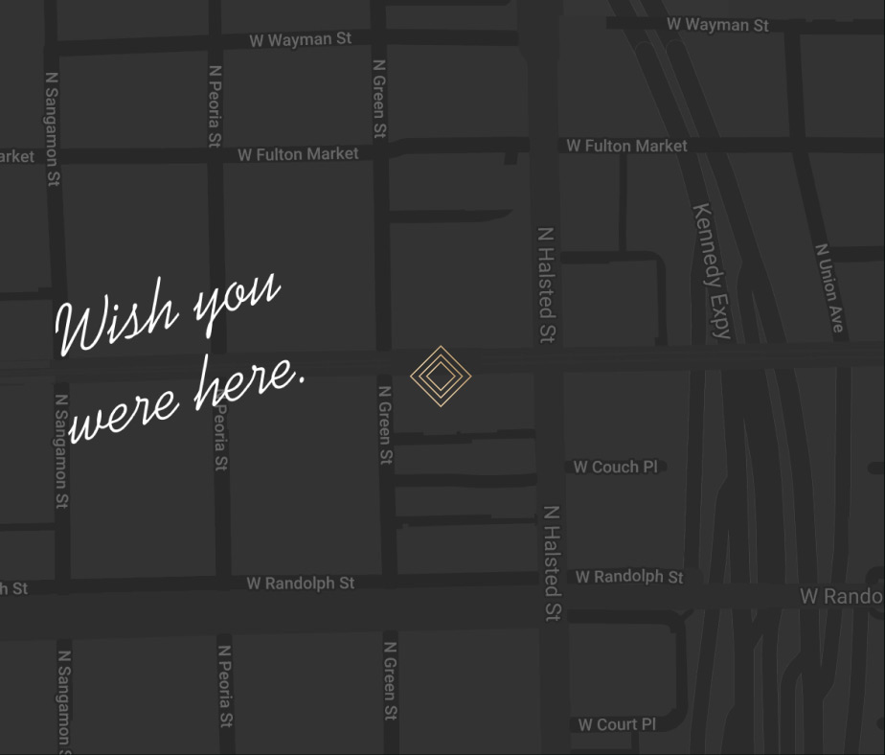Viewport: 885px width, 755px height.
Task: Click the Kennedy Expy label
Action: [x=713, y=271]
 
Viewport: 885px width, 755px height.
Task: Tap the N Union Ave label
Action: [x=829, y=287]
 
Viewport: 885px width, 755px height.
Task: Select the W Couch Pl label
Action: [x=616, y=468]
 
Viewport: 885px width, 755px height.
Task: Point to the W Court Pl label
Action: [x=617, y=724]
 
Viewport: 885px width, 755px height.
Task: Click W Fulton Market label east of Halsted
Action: [x=626, y=146]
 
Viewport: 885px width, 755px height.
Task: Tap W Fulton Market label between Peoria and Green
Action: [x=298, y=154]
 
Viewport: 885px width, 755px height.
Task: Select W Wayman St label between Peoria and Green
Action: [x=300, y=40]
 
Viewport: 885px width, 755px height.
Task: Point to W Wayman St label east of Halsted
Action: [x=717, y=25]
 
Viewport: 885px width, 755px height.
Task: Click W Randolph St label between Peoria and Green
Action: [x=300, y=583]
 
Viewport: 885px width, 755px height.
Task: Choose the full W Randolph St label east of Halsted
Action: [x=629, y=577]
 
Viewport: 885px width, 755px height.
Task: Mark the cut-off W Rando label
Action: [x=841, y=597]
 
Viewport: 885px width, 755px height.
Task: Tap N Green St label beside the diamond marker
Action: [x=385, y=425]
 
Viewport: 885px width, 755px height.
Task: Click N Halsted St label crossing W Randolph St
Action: [x=552, y=563]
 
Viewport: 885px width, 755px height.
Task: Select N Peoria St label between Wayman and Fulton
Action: [x=216, y=105]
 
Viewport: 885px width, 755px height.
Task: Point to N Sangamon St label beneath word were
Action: [x=61, y=450]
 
